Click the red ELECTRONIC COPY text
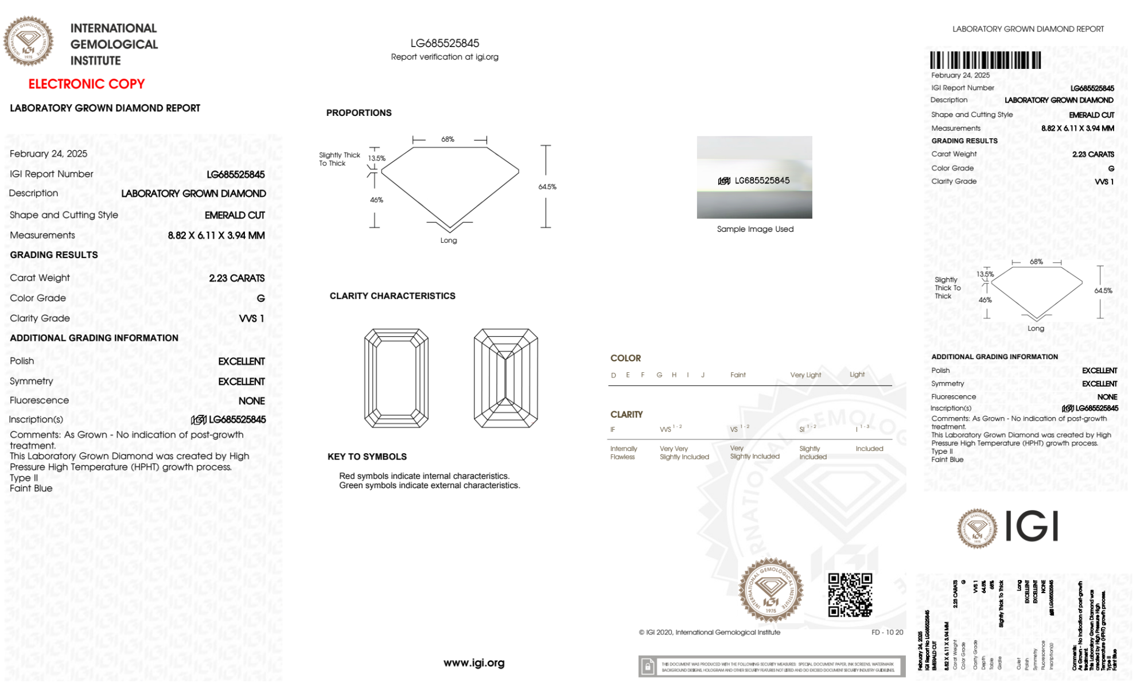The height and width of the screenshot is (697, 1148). tap(87, 84)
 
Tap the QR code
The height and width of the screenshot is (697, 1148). tap(850, 595)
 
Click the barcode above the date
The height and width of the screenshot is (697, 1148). tap(985, 60)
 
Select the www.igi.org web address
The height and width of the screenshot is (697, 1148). tap(474, 663)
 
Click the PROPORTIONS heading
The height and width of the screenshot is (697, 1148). tap(359, 113)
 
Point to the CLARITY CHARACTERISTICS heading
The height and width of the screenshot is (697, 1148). tap(392, 296)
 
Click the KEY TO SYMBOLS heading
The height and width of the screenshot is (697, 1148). tap(367, 457)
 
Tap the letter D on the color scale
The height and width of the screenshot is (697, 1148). tap(613, 375)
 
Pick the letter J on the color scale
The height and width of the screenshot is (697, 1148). tap(703, 375)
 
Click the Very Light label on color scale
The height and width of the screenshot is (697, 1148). tap(805, 375)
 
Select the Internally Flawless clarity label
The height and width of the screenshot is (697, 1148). tap(623, 453)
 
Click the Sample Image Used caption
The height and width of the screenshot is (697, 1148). tap(755, 229)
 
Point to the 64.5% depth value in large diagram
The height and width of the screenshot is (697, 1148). tap(547, 187)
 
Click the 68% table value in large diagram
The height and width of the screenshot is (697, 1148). tap(447, 139)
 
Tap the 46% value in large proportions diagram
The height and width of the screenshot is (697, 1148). tap(376, 200)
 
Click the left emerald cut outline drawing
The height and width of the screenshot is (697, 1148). tap(396, 378)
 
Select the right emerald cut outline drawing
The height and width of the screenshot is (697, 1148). tap(505, 378)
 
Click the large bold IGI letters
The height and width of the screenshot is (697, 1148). tap(1032, 526)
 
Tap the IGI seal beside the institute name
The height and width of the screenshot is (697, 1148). tap(28, 41)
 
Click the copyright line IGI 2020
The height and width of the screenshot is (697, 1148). tap(709, 632)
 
